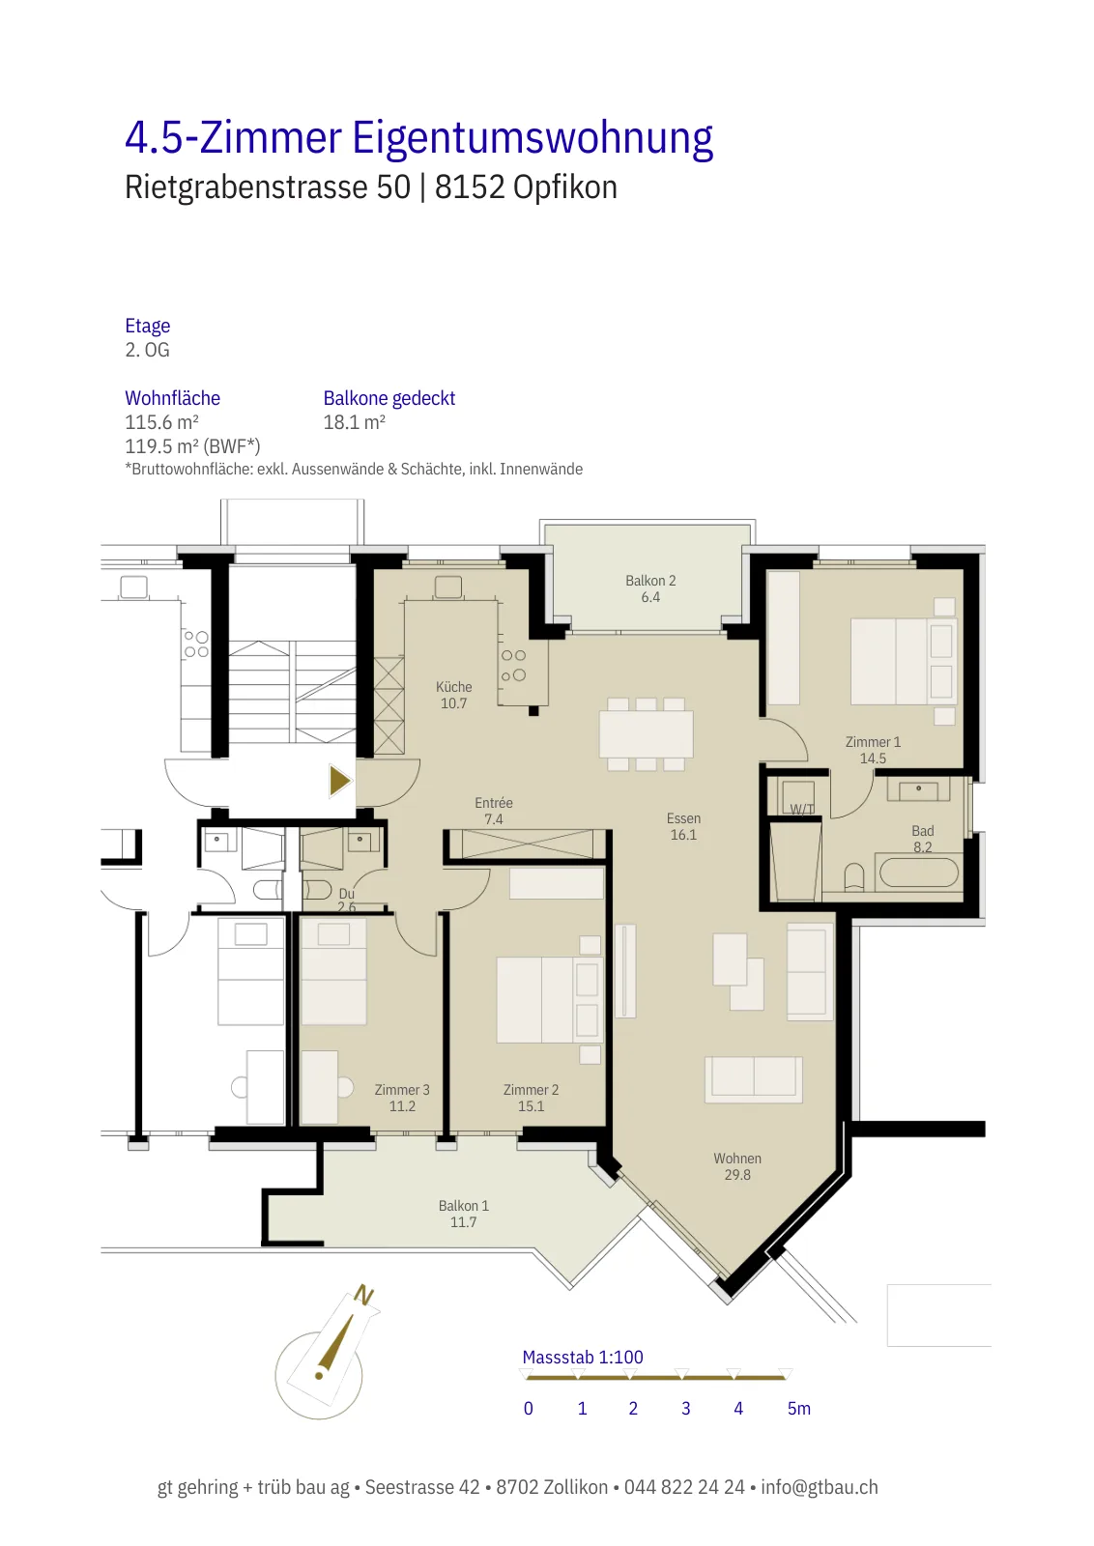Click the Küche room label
[x=453, y=695]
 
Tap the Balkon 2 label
[x=650, y=588]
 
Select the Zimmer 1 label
[x=873, y=750]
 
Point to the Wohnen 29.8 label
[x=737, y=1166]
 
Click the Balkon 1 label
[x=463, y=1214]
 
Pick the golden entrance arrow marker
[x=340, y=781]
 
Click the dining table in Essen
[x=646, y=734]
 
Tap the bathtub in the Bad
[x=918, y=872]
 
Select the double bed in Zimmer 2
[x=549, y=999]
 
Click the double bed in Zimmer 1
[x=903, y=661]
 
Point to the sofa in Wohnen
[x=753, y=1078]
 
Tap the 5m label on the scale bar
[x=798, y=1409]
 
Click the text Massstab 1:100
[x=583, y=1357]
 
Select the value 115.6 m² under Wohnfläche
[x=161, y=421]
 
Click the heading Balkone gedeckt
[x=389, y=398]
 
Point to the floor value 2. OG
[x=147, y=350]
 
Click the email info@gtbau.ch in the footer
[x=820, y=1487]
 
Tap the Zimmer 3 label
[x=402, y=1098]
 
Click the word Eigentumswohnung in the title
[x=533, y=138]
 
